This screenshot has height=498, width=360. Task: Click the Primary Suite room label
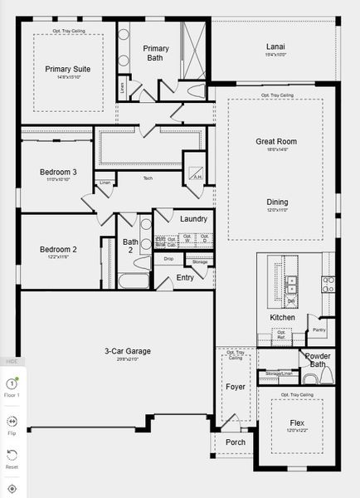(68, 69)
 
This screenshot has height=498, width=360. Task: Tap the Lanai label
(275, 46)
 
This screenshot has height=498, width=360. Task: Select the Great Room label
(275, 142)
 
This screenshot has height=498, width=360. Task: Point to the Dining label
(278, 202)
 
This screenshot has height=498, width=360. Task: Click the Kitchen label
(282, 318)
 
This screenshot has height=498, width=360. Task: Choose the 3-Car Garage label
(128, 351)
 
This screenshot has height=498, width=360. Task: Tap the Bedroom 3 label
(58, 172)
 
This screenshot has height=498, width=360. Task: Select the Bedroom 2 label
(58, 249)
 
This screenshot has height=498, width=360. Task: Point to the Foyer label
(235, 387)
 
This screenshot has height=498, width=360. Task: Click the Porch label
(236, 442)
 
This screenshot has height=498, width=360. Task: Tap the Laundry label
(193, 218)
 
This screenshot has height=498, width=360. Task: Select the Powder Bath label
(318, 360)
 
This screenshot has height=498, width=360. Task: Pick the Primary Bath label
(156, 53)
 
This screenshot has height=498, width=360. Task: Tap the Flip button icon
(12, 422)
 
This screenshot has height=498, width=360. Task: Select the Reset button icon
(12, 456)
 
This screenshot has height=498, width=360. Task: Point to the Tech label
(148, 178)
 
